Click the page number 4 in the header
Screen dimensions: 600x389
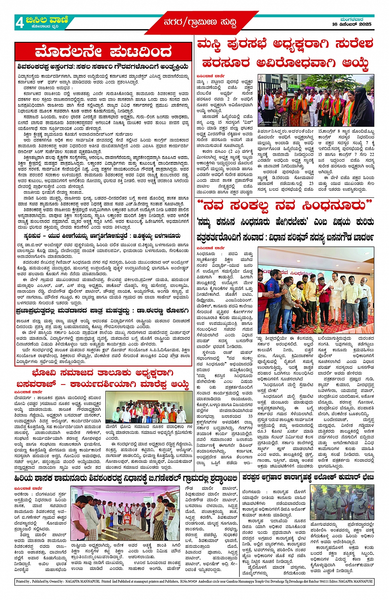[x=19, y=23]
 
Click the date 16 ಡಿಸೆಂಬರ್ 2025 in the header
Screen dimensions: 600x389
[x=352, y=24]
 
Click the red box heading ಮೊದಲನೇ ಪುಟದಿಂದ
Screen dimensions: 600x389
[x=103, y=52]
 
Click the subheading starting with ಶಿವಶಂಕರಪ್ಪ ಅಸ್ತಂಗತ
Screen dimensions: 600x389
[x=103, y=67]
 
